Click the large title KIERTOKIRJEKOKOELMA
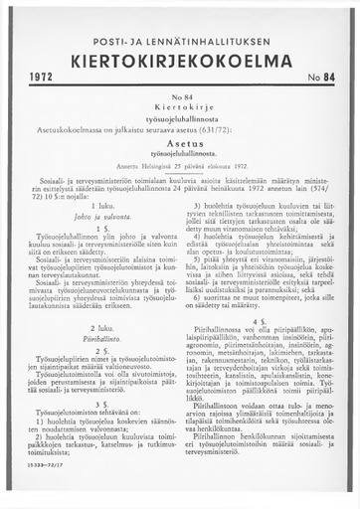click(180, 56)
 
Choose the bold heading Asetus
click(180, 143)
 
